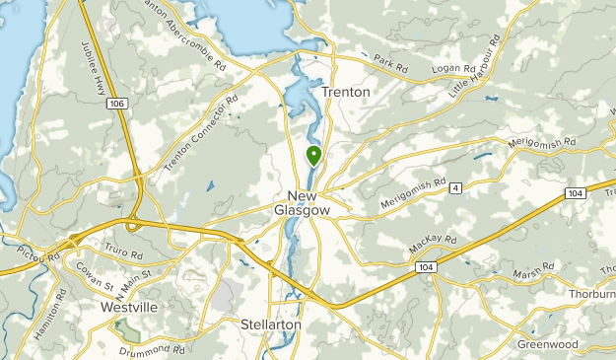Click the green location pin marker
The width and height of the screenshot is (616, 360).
(313, 155)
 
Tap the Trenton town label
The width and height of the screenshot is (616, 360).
(346, 92)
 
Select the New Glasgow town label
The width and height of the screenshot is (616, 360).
(308, 202)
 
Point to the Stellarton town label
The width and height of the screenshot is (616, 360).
(270, 324)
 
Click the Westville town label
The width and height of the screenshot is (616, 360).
(128, 308)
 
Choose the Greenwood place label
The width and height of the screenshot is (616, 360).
(547, 344)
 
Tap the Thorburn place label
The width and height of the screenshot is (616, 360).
(591, 294)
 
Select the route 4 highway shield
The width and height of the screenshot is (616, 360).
(455, 187)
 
